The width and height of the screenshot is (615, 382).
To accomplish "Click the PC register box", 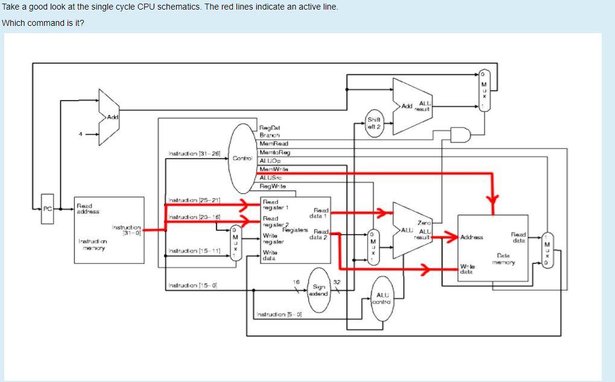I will (47, 209).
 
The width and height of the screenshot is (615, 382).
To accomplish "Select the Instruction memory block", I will (109, 230).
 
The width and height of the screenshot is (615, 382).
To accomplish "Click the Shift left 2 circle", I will (374, 123).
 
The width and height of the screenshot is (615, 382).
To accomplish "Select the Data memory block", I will (493, 248).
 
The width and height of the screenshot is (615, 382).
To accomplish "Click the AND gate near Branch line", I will (462, 136).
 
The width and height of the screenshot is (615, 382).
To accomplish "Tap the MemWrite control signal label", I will (274, 169).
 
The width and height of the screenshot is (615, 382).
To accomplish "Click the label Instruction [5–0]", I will (279, 315).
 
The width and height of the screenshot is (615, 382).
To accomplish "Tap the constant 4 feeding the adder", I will (79, 134).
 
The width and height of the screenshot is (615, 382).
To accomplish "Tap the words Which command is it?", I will (43, 23).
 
